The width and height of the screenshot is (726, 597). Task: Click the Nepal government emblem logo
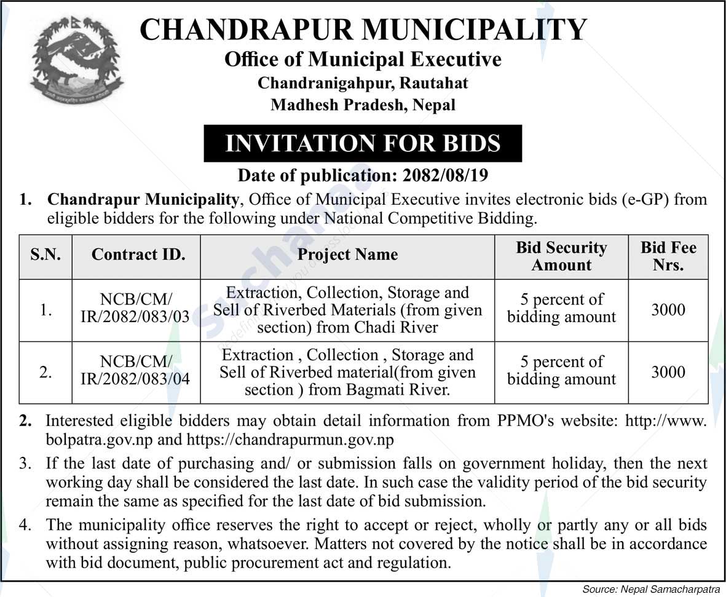(x=76, y=60)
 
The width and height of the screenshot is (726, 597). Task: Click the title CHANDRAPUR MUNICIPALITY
(x=363, y=30)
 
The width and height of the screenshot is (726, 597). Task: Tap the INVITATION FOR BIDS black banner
(x=363, y=143)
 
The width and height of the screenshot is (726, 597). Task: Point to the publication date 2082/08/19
(x=445, y=176)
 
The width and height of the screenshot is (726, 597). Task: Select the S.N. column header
(x=45, y=255)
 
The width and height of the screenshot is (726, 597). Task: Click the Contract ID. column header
(x=138, y=255)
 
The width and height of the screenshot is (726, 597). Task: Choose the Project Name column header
(x=347, y=255)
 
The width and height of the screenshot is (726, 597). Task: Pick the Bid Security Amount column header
(x=561, y=256)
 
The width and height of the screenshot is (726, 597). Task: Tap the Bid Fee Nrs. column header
(x=668, y=256)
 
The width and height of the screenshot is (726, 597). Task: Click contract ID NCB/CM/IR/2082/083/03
(x=136, y=310)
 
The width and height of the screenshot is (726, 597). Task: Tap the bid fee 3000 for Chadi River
(x=668, y=309)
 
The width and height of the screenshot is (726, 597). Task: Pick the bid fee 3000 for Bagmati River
(x=668, y=371)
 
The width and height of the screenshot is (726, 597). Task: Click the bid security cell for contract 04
(x=561, y=371)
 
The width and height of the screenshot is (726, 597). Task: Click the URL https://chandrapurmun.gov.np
(x=290, y=440)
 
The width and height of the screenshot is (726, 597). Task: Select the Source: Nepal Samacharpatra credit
(x=651, y=589)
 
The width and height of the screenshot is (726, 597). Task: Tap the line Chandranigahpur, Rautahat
(x=363, y=82)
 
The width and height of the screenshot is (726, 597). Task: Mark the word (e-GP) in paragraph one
(x=644, y=199)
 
